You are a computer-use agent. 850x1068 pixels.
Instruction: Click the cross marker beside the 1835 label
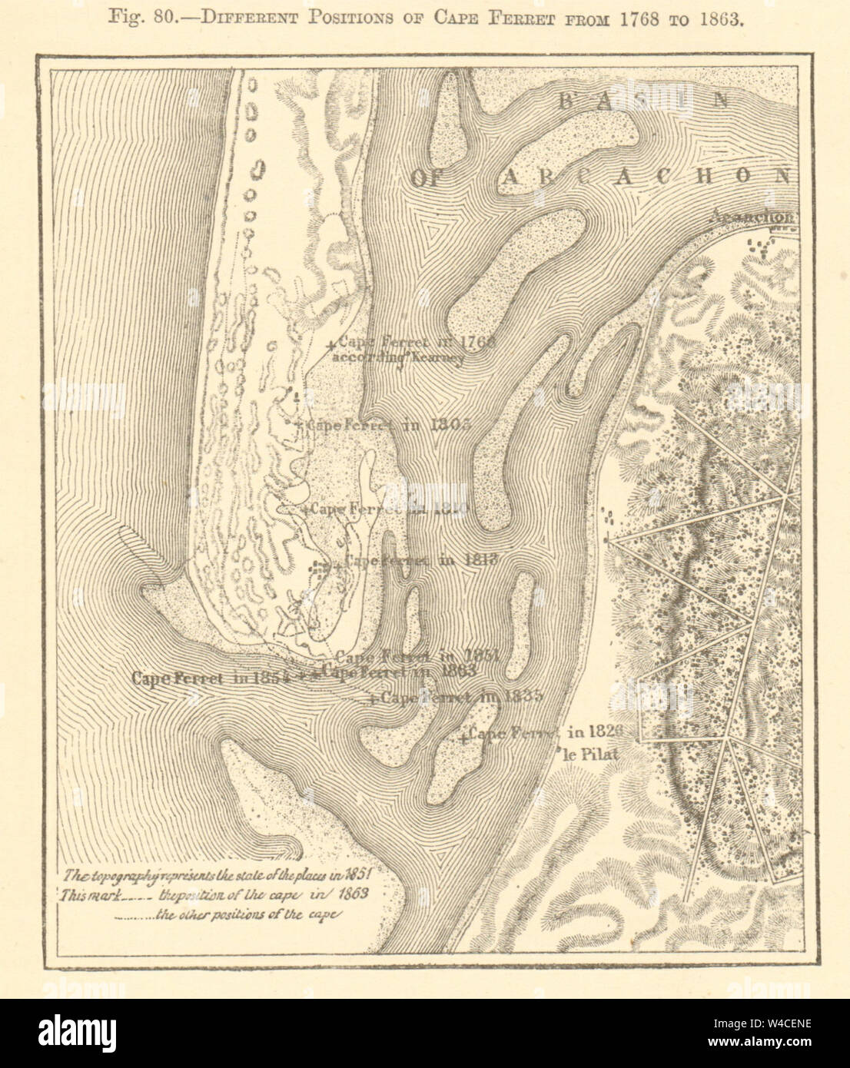point(372,700)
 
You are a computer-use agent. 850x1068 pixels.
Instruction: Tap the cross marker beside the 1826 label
point(463,738)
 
